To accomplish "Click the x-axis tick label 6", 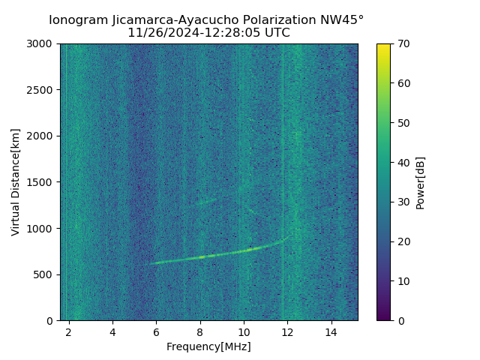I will (x=156, y=331).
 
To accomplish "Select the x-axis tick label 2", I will (x=69, y=331).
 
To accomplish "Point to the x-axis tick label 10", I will (x=244, y=331).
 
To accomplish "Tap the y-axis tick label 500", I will (x=45, y=274).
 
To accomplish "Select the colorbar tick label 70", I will (x=404, y=44).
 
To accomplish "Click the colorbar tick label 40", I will (x=404, y=163).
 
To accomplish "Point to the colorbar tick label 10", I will (x=404, y=281).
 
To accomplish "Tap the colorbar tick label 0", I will (x=401, y=321).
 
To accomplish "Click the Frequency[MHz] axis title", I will (x=208, y=346).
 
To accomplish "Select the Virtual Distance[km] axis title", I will (x=16, y=182).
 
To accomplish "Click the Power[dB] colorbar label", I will (x=421, y=182).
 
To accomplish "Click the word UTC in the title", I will (x=276, y=33).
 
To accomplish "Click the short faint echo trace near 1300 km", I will (x=204, y=201).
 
